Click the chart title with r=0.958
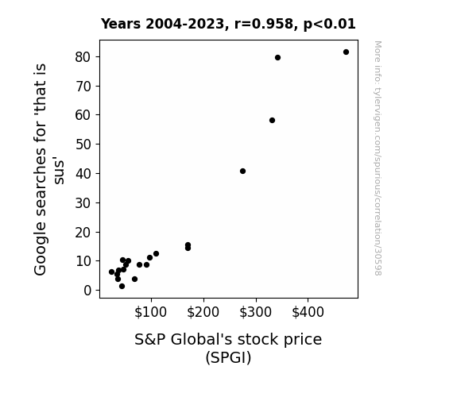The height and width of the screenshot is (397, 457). [228, 24]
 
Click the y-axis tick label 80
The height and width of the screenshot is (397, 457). [83, 57]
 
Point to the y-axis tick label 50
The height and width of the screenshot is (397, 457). [83, 145]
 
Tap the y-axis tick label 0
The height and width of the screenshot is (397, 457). [87, 291]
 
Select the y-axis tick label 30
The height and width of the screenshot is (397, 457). [83, 203]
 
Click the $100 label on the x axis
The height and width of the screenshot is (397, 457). [150, 312]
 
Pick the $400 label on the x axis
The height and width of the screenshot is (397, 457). [308, 312]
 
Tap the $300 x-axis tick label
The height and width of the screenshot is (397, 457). [255, 312]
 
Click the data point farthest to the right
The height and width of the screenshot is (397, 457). [346, 52]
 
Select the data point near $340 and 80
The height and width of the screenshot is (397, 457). [277, 58]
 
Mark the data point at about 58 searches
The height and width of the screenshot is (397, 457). [273, 121]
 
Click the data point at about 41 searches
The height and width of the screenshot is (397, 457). [242, 171]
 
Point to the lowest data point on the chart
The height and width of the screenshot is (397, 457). [122, 287]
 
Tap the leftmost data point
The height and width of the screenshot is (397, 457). [111, 272]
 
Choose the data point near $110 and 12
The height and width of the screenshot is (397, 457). [157, 254]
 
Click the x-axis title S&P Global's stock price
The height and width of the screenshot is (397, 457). [228, 340]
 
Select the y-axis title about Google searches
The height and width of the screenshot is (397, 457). [48, 169]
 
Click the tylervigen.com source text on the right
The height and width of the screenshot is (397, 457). [378, 158]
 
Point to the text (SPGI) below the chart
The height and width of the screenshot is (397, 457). [228, 357]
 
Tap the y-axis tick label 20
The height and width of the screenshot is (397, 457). [83, 233]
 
